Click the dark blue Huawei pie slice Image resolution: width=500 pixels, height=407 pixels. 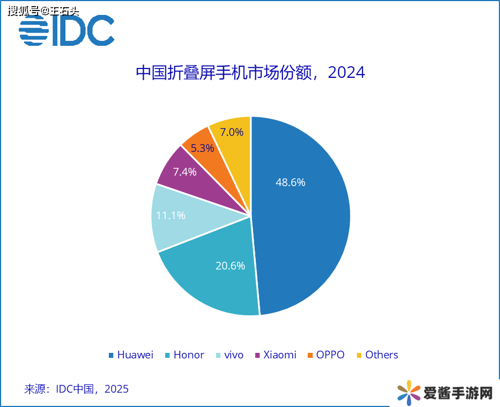[x=309, y=232]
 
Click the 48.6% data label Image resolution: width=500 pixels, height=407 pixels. [x=291, y=182]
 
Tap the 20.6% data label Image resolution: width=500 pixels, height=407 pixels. [x=230, y=266]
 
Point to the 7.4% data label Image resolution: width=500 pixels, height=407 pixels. [x=185, y=172]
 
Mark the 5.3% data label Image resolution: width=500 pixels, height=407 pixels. [x=202, y=148]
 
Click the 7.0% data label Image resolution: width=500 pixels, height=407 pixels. [x=231, y=133]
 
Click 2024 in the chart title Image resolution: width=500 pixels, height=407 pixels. [x=346, y=73]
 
